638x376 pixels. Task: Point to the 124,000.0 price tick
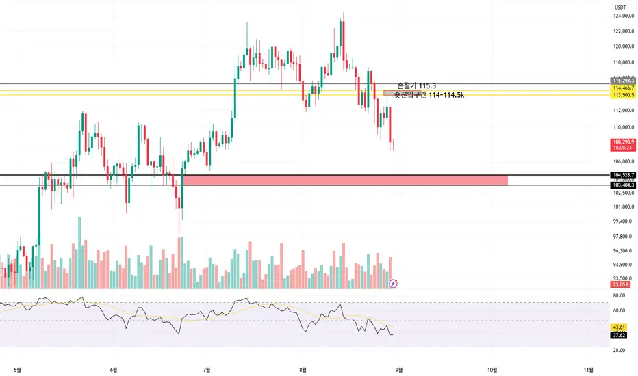click(622, 16)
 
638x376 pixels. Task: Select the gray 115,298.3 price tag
click(622, 81)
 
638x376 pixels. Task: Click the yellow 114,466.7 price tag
click(622, 89)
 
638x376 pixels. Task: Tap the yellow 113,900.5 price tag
click(622, 96)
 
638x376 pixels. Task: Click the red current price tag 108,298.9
click(622, 142)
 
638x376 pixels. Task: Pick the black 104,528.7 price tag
click(622, 175)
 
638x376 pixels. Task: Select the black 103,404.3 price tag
click(622, 185)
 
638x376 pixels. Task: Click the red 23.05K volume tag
click(622, 284)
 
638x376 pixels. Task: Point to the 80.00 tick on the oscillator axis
click(620, 296)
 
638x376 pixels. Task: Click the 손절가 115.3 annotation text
click(416, 85)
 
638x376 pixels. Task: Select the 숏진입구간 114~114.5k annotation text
click(429, 94)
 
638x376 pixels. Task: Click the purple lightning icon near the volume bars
click(394, 282)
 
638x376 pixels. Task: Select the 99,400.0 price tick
click(622, 221)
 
